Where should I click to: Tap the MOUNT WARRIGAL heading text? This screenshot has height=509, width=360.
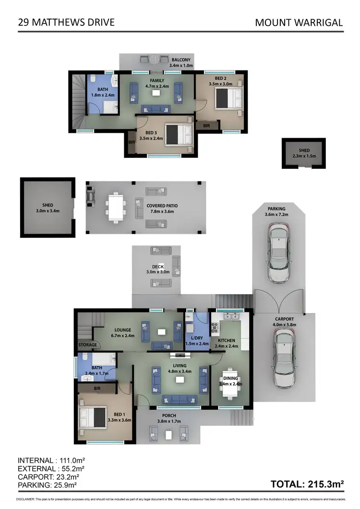click(x=299, y=22)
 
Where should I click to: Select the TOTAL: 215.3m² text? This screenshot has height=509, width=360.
click(x=307, y=485)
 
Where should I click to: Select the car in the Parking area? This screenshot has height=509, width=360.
click(x=280, y=254)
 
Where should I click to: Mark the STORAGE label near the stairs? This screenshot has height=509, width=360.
click(x=88, y=345)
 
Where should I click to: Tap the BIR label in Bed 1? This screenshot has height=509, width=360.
click(x=97, y=388)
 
